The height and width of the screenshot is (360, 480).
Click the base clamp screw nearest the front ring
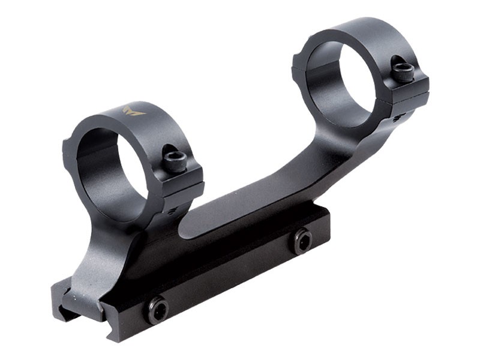[x=158, y=310]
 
